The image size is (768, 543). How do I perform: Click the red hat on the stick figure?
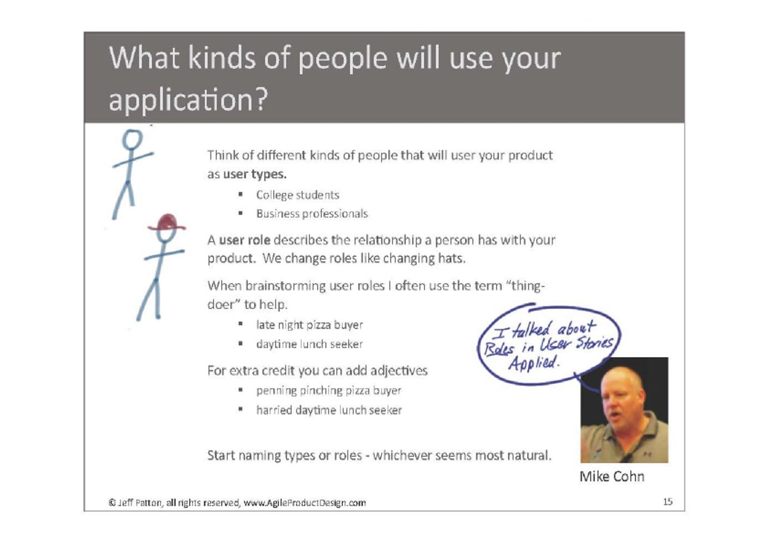pyautogui.click(x=166, y=223)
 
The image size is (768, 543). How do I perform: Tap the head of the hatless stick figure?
pyautogui.click(x=132, y=139)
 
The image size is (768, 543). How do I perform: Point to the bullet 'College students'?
pyautogui.click(x=298, y=195)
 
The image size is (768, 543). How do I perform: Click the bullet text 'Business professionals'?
pyautogui.click(x=312, y=213)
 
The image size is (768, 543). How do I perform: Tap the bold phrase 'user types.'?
pyautogui.click(x=255, y=175)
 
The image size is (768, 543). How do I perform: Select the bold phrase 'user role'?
pyautogui.click(x=244, y=240)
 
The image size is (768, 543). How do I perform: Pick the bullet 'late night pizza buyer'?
pyautogui.click(x=309, y=325)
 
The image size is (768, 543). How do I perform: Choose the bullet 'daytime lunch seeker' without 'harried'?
pyautogui.click(x=309, y=344)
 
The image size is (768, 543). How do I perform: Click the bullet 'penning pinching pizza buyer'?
pyautogui.click(x=329, y=390)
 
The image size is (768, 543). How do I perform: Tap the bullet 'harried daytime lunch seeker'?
pyautogui.click(x=329, y=410)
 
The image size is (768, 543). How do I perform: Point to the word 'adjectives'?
pyautogui.click(x=399, y=371)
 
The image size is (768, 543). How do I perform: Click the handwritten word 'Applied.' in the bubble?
pyautogui.click(x=533, y=362)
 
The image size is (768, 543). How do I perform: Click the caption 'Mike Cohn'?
pyautogui.click(x=612, y=476)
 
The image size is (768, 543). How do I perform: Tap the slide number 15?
pyautogui.click(x=668, y=502)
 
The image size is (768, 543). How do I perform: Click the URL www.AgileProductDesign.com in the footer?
pyautogui.click(x=305, y=503)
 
